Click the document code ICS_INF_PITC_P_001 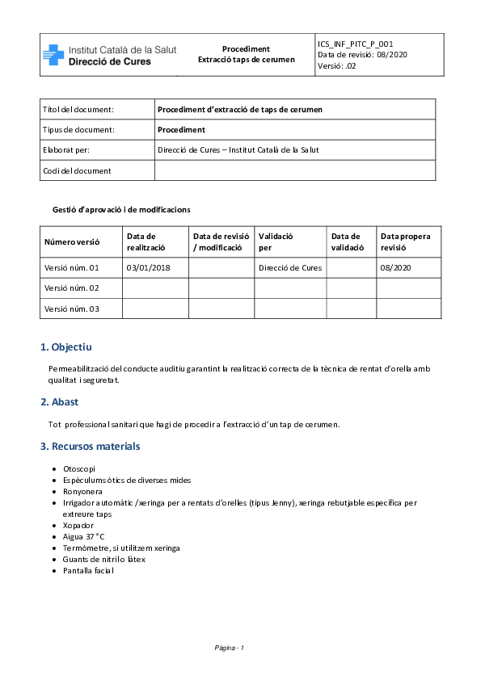click(x=356, y=44)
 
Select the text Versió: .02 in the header click(x=337, y=66)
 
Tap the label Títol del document click(x=78, y=109)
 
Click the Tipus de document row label click(x=78, y=129)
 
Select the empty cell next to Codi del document click(x=294, y=170)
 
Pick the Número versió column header click(x=72, y=241)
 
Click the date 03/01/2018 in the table click(x=148, y=267)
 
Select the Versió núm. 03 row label click(x=71, y=309)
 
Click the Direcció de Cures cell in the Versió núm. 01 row click(x=290, y=267)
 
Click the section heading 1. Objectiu click(x=66, y=347)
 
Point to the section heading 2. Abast click(x=59, y=402)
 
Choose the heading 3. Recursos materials click(x=90, y=446)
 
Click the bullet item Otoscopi click(x=79, y=468)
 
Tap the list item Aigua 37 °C click(x=84, y=536)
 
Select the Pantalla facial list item click(x=88, y=570)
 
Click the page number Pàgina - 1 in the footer click(x=230, y=648)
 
